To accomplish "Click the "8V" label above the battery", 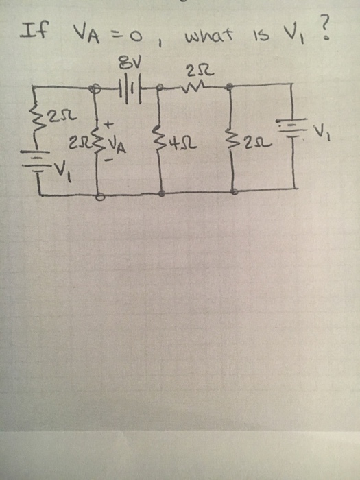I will [x=125, y=67].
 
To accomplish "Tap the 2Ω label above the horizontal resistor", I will [x=194, y=70].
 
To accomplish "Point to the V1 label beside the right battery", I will [x=322, y=131].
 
